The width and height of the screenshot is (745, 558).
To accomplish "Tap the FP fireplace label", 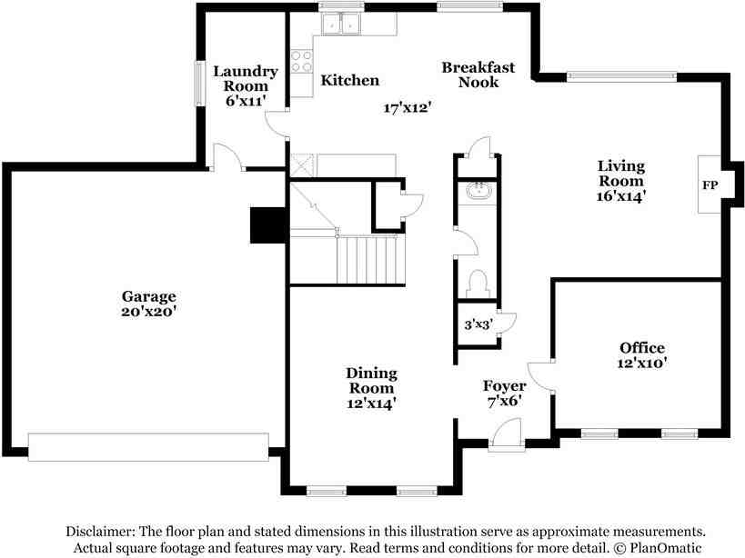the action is pos(710,185).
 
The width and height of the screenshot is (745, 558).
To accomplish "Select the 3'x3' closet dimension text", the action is pos(478,324).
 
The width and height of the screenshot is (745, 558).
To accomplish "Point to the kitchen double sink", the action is pos(340,23).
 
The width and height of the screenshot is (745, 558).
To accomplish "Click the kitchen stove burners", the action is pos(302,61).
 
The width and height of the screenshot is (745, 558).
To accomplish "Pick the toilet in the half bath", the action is pos(477,284).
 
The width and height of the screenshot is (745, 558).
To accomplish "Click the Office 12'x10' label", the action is pos(642,355).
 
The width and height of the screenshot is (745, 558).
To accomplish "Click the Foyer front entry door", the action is pos(506,433).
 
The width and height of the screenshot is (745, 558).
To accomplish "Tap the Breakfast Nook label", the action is pos(478,75).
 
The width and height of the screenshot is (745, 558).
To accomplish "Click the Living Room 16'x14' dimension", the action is pos(621,195).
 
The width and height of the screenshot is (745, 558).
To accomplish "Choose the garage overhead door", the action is pos(148,446).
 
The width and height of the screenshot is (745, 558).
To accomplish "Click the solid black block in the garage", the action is pos(268,225).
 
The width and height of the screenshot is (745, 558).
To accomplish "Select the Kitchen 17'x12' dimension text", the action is pos(407,108).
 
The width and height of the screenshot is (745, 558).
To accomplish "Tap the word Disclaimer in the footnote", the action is pos(98,532).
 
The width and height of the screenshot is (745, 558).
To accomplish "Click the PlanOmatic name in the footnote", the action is pos(666,548).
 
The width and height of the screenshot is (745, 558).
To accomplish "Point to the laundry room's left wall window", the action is pos(200,84).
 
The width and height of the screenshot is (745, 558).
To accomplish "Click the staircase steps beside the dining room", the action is pos(367,259).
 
